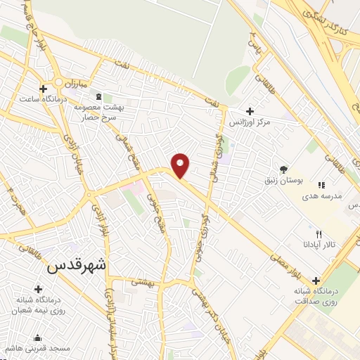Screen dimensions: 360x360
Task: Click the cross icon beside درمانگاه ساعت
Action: (44, 89)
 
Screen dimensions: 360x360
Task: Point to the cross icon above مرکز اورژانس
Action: (250, 111)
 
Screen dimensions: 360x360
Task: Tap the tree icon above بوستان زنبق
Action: (283, 169)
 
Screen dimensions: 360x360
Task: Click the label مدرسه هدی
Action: (323, 196)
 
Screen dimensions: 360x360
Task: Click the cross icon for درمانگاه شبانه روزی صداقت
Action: (316, 281)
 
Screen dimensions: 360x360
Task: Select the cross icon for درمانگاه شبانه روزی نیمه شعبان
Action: (37, 288)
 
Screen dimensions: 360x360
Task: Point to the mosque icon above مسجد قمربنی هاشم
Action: (37, 338)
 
